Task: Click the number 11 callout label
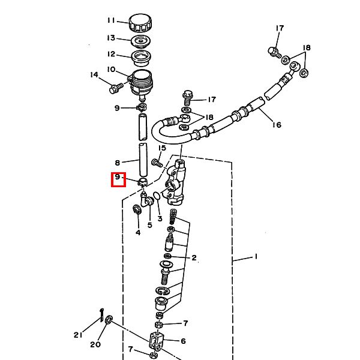(111, 20)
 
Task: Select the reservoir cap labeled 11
(140, 23)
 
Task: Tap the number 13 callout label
(111, 38)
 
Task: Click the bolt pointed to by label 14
(116, 88)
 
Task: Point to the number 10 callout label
(111, 69)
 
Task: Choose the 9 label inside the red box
(118, 177)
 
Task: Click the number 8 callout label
(118, 163)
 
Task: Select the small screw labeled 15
(157, 163)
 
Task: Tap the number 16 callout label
(277, 125)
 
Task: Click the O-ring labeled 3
(157, 196)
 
